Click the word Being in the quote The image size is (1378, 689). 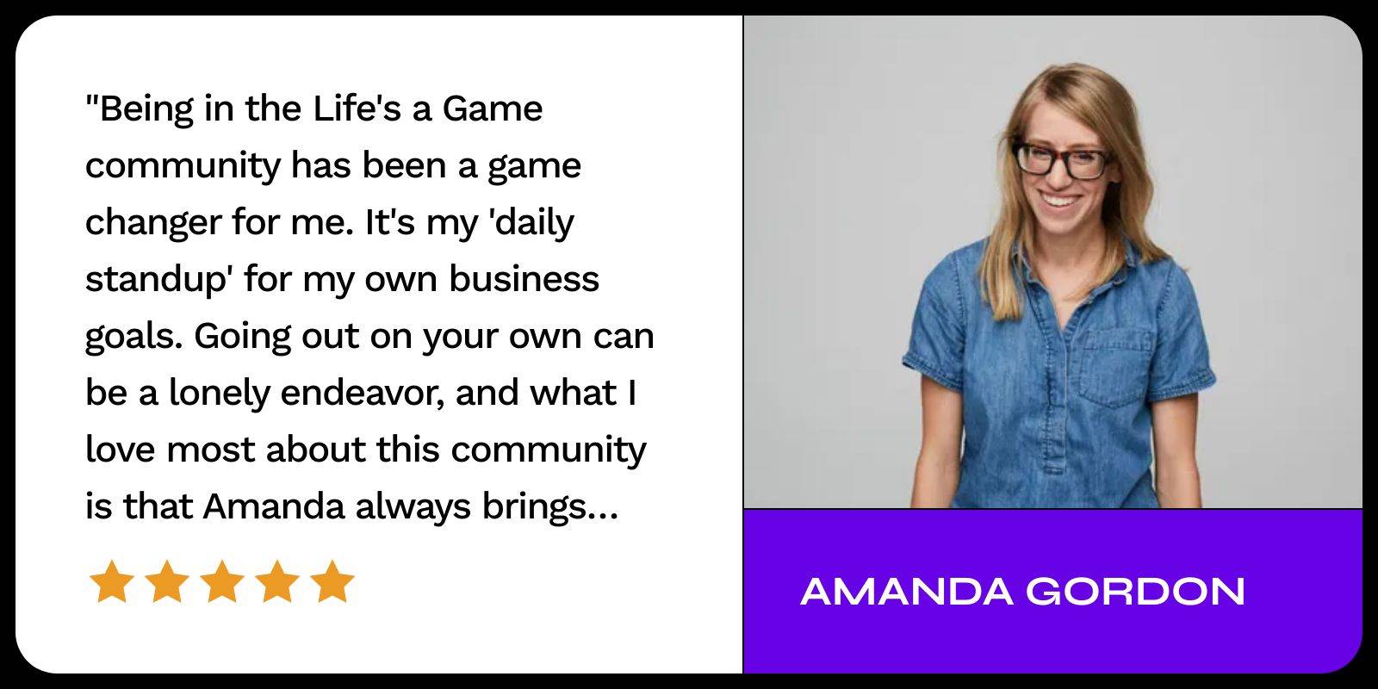pos(146,110)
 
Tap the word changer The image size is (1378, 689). pos(153,224)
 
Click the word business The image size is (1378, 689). pos(524,279)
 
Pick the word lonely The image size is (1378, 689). pos(219,394)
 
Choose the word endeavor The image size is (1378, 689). pos(363,393)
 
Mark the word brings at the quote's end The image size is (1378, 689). pos(534,508)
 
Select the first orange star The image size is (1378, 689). pos(112,581)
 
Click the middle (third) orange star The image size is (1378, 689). pos(222,581)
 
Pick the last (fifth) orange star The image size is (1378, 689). pos(332,581)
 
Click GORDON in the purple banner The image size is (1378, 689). pos(1136,591)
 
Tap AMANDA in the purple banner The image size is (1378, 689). pos(907,591)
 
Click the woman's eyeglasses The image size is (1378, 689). pos(1062,160)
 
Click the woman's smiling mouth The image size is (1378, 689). pos(1060,201)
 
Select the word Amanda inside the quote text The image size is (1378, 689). pos(274,507)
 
